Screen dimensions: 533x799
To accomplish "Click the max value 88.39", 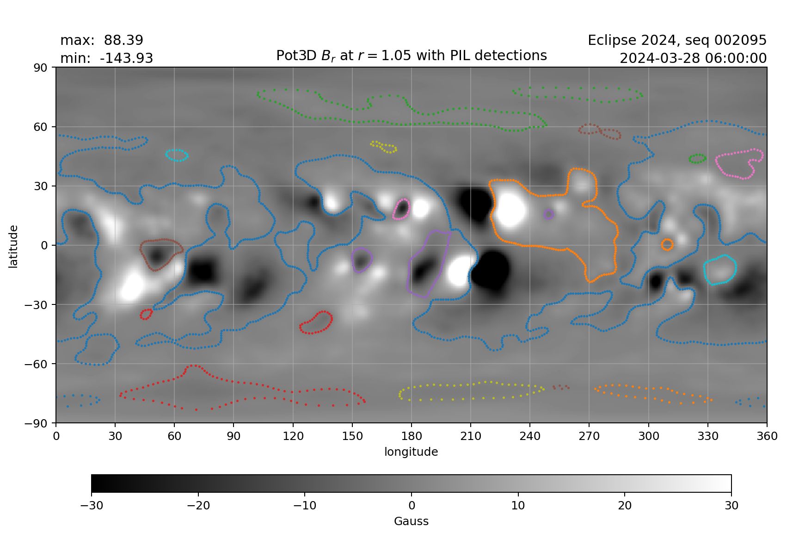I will [x=123, y=40].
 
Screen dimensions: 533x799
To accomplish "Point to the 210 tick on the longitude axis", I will [x=470, y=436].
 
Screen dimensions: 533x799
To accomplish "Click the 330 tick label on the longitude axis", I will [x=707, y=436].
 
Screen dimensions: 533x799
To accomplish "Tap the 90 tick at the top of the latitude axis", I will [x=41, y=68].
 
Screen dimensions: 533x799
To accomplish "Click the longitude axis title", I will [x=411, y=452].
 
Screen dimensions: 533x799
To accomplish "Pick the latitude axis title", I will [x=13, y=246].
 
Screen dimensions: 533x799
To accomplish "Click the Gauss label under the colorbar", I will [x=411, y=521].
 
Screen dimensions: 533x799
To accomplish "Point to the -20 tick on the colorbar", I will [x=198, y=505].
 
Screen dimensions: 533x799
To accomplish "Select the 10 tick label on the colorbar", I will [x=518, y=505].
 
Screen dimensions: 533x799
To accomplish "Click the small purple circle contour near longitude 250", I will [x=548, y=214].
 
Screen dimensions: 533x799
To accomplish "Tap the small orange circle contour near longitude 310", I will [x=667, y=244].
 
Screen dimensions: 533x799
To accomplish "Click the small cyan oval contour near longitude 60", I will [x=177, y=155].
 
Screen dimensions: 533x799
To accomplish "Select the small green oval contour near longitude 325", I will [x=697, y=159].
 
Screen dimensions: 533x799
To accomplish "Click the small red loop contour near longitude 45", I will [x=146, y=314].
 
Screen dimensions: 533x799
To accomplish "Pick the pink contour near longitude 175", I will [x=401, y=209].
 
